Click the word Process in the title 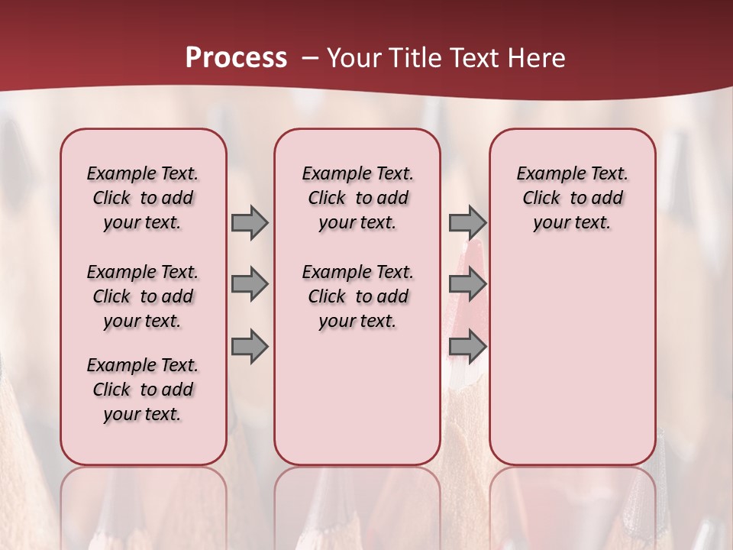tap(236, 58)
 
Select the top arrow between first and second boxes tap(249, 222)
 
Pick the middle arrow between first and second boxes tap(249, 285)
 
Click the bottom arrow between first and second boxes tap(249, 347)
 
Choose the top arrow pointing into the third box tap(467, 222)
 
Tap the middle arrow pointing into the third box tap(467, 285)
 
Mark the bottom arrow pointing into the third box tap(467, 347)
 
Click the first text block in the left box tap(143, 198)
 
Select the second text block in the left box tap(143, 296)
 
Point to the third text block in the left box tap(143, 390)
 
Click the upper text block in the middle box tap(358, 198)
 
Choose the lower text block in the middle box tap(358, 296)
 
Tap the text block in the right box tap(572, 198)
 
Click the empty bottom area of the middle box tap(357, 405)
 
